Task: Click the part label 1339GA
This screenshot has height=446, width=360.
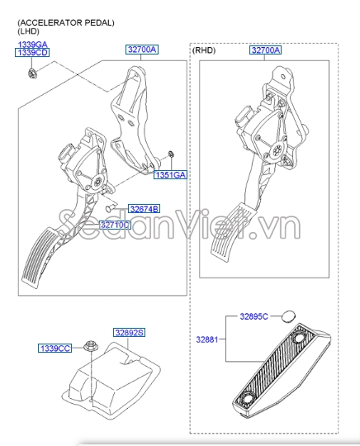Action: coord(33,45)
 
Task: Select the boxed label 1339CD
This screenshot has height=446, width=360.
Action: coord(32,53)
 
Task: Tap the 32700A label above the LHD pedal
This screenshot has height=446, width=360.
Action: coord(142,50)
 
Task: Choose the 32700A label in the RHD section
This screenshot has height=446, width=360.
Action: coord(266,50)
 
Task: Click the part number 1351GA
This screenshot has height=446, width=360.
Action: coord(170,174)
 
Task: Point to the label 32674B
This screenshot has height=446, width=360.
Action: coord(144,209)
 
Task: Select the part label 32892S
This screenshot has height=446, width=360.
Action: coord(129,332)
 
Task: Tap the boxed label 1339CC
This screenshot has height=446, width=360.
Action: coord(54,349)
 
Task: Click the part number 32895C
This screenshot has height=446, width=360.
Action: coord(254,316)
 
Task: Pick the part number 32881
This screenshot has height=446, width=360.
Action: coord(207,339)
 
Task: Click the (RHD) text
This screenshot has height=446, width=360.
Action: coord(204,50)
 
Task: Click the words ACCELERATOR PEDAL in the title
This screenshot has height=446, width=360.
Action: coord(66,23)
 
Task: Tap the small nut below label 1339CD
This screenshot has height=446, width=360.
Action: coord(31,74)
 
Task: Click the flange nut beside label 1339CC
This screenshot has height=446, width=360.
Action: coord(88,346)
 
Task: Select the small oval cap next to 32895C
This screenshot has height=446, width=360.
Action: coord(289,316)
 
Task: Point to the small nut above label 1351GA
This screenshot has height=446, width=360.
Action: coord(171,154)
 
